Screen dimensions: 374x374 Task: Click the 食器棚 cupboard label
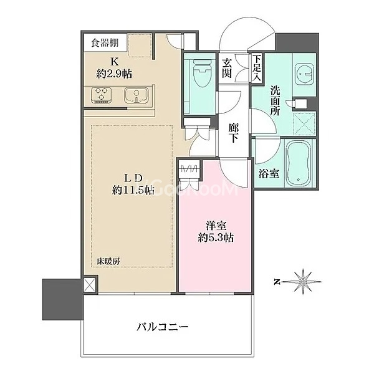click(105, 43)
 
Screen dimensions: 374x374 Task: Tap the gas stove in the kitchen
click(101, 95)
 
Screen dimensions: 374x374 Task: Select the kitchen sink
click(136, 95)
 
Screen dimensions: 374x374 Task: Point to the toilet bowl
click(203, 72)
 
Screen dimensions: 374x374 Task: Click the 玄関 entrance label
click(227, 68)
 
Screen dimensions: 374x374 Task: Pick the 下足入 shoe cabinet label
click(257, 68)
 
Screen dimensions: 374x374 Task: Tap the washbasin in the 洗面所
click(304, 74)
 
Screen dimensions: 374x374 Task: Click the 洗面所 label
click(275, 100)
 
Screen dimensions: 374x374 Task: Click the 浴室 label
click(269, 174)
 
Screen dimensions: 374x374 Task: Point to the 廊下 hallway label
click(233, 133)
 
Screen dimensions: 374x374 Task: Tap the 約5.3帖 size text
click(216, 238)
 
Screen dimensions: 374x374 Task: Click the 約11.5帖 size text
click(133, 190)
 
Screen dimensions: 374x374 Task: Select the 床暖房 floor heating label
click(108, 261)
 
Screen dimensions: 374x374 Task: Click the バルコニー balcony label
click(163, 327)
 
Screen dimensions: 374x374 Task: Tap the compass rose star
click(303, 282)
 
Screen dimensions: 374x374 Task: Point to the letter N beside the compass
click(276, 282)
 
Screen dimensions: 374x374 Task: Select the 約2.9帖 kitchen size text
click(114, 74)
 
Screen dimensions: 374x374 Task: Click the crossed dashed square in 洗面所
click(304, 125)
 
